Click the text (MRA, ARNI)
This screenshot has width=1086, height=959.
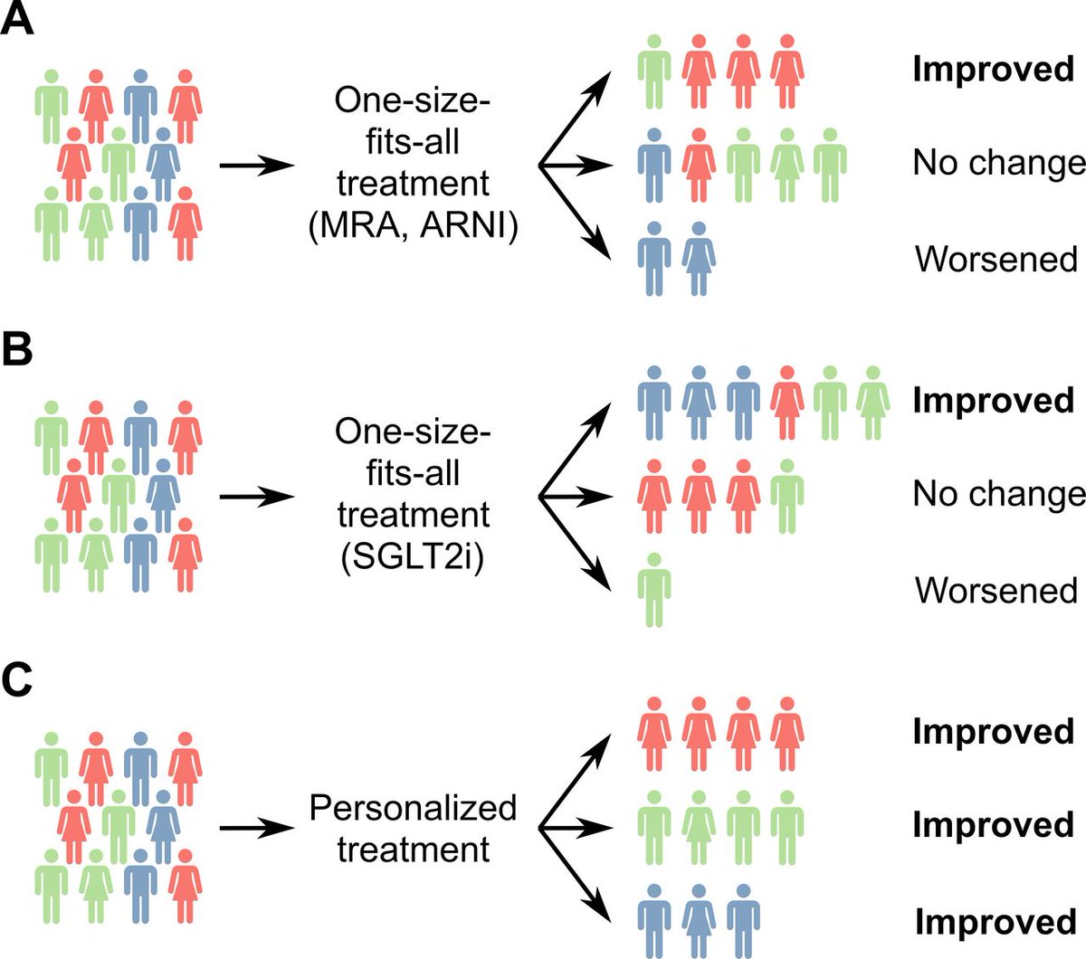[x=413, y=225]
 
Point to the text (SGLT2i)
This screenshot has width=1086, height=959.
[x=413, y=556]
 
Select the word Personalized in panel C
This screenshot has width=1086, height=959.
[x=413, y=807]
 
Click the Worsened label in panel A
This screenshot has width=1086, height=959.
[x=996, y=259]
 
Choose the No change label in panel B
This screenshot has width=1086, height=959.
[x=998, y=494]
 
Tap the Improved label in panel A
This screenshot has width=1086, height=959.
[x=993, y=70]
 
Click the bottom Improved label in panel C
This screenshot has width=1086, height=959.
[x=995, y=922]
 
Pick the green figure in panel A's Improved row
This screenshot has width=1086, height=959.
[x=653, y=71]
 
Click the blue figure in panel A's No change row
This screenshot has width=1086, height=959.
[x=653, y=165]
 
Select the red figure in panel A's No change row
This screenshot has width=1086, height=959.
[x=698, y=165]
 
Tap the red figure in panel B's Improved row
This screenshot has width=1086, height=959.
[x=786, y=403]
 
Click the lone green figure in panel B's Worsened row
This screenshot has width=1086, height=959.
[x=653, y=590]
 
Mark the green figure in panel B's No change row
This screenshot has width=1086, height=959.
[x=786, y=496]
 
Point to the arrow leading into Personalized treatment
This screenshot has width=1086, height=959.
[x=257, y=828]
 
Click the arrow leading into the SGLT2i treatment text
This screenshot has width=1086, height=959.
[x=257, y=497]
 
